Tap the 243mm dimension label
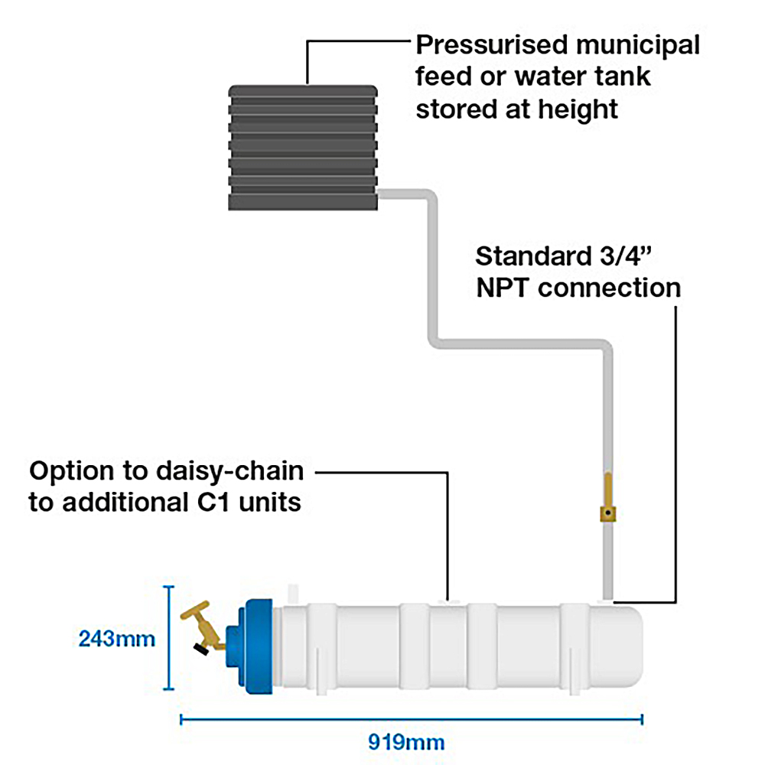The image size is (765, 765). pos(117,638)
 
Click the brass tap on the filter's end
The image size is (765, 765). pos(203,627)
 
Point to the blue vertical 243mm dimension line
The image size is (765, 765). pos(171,636)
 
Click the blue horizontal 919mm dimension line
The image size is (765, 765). pos(411,718)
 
